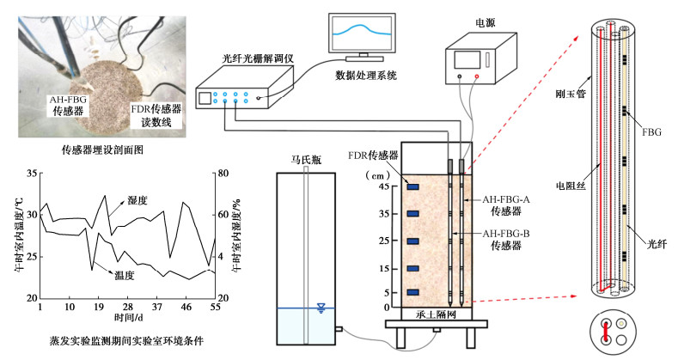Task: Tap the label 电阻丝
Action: (x=569, y=186)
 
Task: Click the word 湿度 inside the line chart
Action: (x=137, y=199)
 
